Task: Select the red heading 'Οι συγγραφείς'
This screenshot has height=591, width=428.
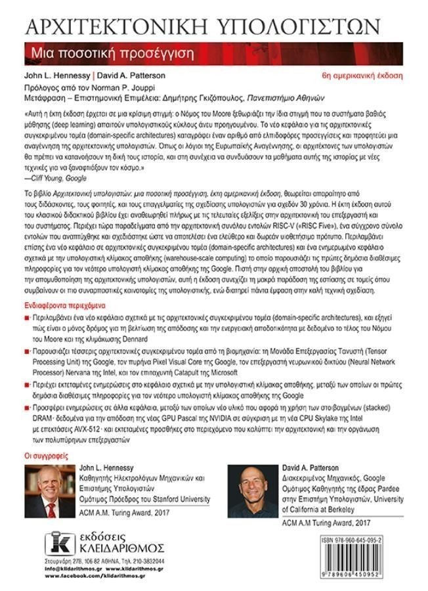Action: (44, 454)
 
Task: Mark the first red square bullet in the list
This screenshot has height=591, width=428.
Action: (26, 317)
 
